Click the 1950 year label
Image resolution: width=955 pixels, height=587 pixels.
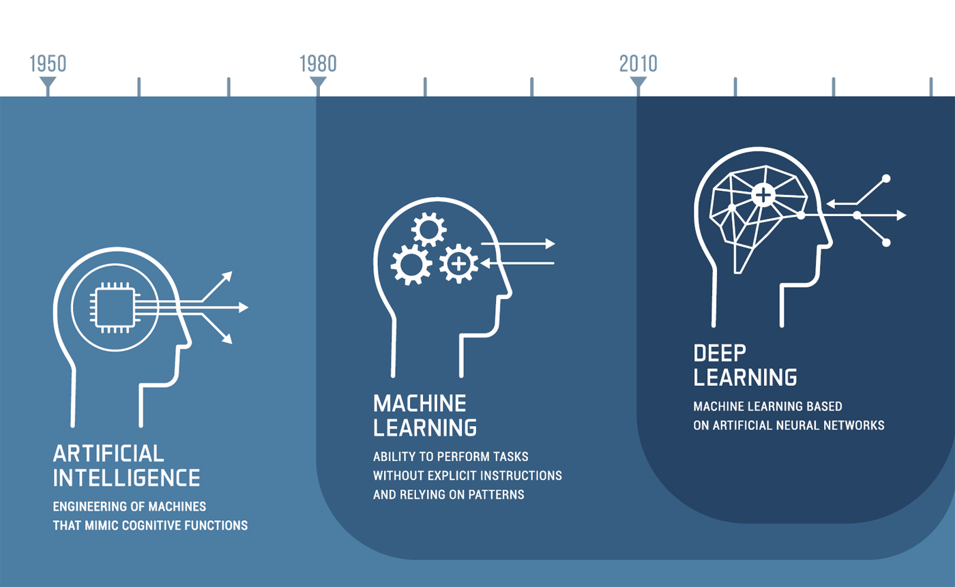[x=48, y=64]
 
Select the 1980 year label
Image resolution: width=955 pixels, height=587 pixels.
[x=318, y=64]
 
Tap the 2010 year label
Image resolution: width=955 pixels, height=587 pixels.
[x=638, y=64]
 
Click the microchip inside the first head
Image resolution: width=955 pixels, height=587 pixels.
[x=115, y=307]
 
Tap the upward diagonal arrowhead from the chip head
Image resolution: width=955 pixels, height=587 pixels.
[x=228, y=276]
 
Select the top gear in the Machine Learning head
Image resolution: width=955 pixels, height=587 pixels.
[x=428, y=230]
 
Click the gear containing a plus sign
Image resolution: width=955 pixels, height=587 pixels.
[x=458, y=264]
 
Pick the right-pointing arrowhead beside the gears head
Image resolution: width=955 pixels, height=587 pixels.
[x=550, y=244]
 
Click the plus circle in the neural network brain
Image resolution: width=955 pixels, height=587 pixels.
[x=763, y=195]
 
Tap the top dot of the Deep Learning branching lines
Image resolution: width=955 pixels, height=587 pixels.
[x=886, y=179]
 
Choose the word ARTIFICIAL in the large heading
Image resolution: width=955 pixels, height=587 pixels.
[x=108, y=453]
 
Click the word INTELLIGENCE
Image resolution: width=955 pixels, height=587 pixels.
[x=126, y=478]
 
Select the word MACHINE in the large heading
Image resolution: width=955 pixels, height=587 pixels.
[x=420, y=404]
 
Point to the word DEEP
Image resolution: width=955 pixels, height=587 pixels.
[x=720, y=353]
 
